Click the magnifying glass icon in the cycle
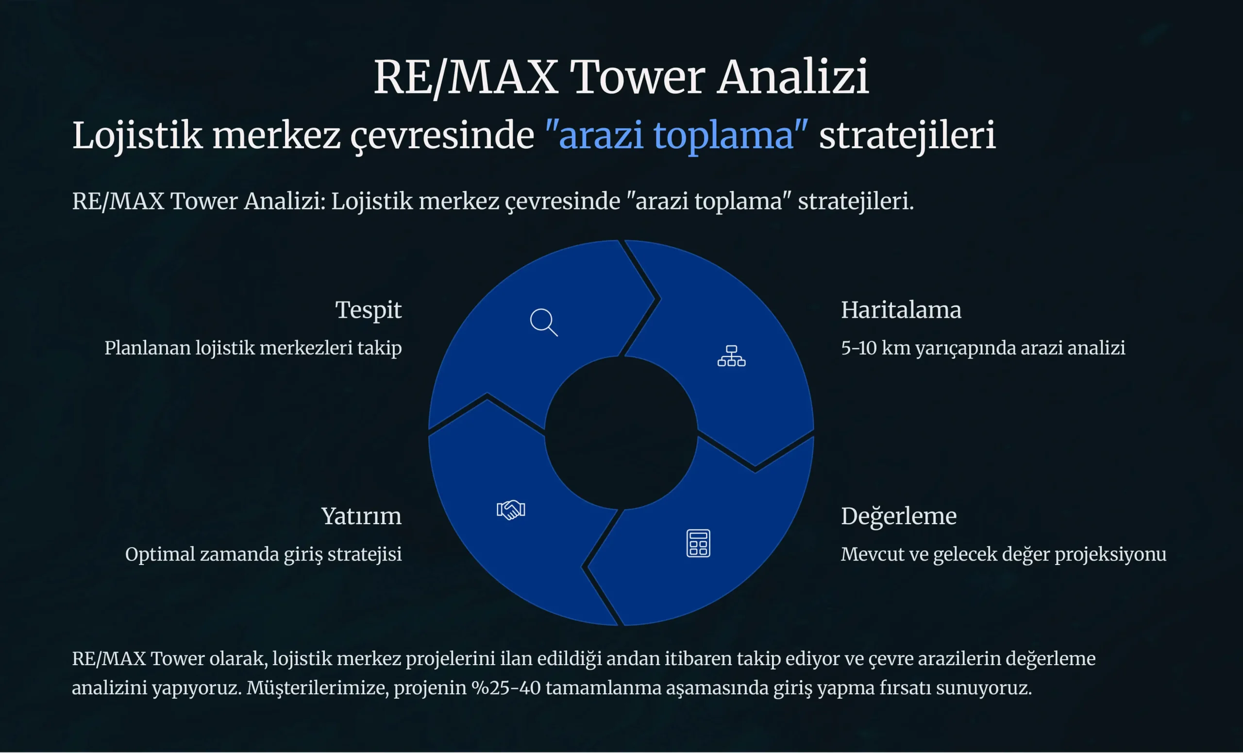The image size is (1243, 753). [544, 322]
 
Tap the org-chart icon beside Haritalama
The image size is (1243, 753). [731, 356]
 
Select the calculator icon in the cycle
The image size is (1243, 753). [698, 544]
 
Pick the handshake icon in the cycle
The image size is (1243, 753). [511, 510]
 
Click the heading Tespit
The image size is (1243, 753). [368, 310]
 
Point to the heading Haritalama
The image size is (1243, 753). [901, 309]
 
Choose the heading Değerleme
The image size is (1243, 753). [898, 516]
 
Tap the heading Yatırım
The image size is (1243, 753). [361, 516]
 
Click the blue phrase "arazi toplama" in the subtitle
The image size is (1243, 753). [676, 135]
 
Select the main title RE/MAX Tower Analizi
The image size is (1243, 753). [621, 77]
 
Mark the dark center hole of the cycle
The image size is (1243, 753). [621, 433]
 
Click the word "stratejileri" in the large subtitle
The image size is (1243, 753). [907, 135]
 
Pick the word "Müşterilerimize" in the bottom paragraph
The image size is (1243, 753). [318, 688]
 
